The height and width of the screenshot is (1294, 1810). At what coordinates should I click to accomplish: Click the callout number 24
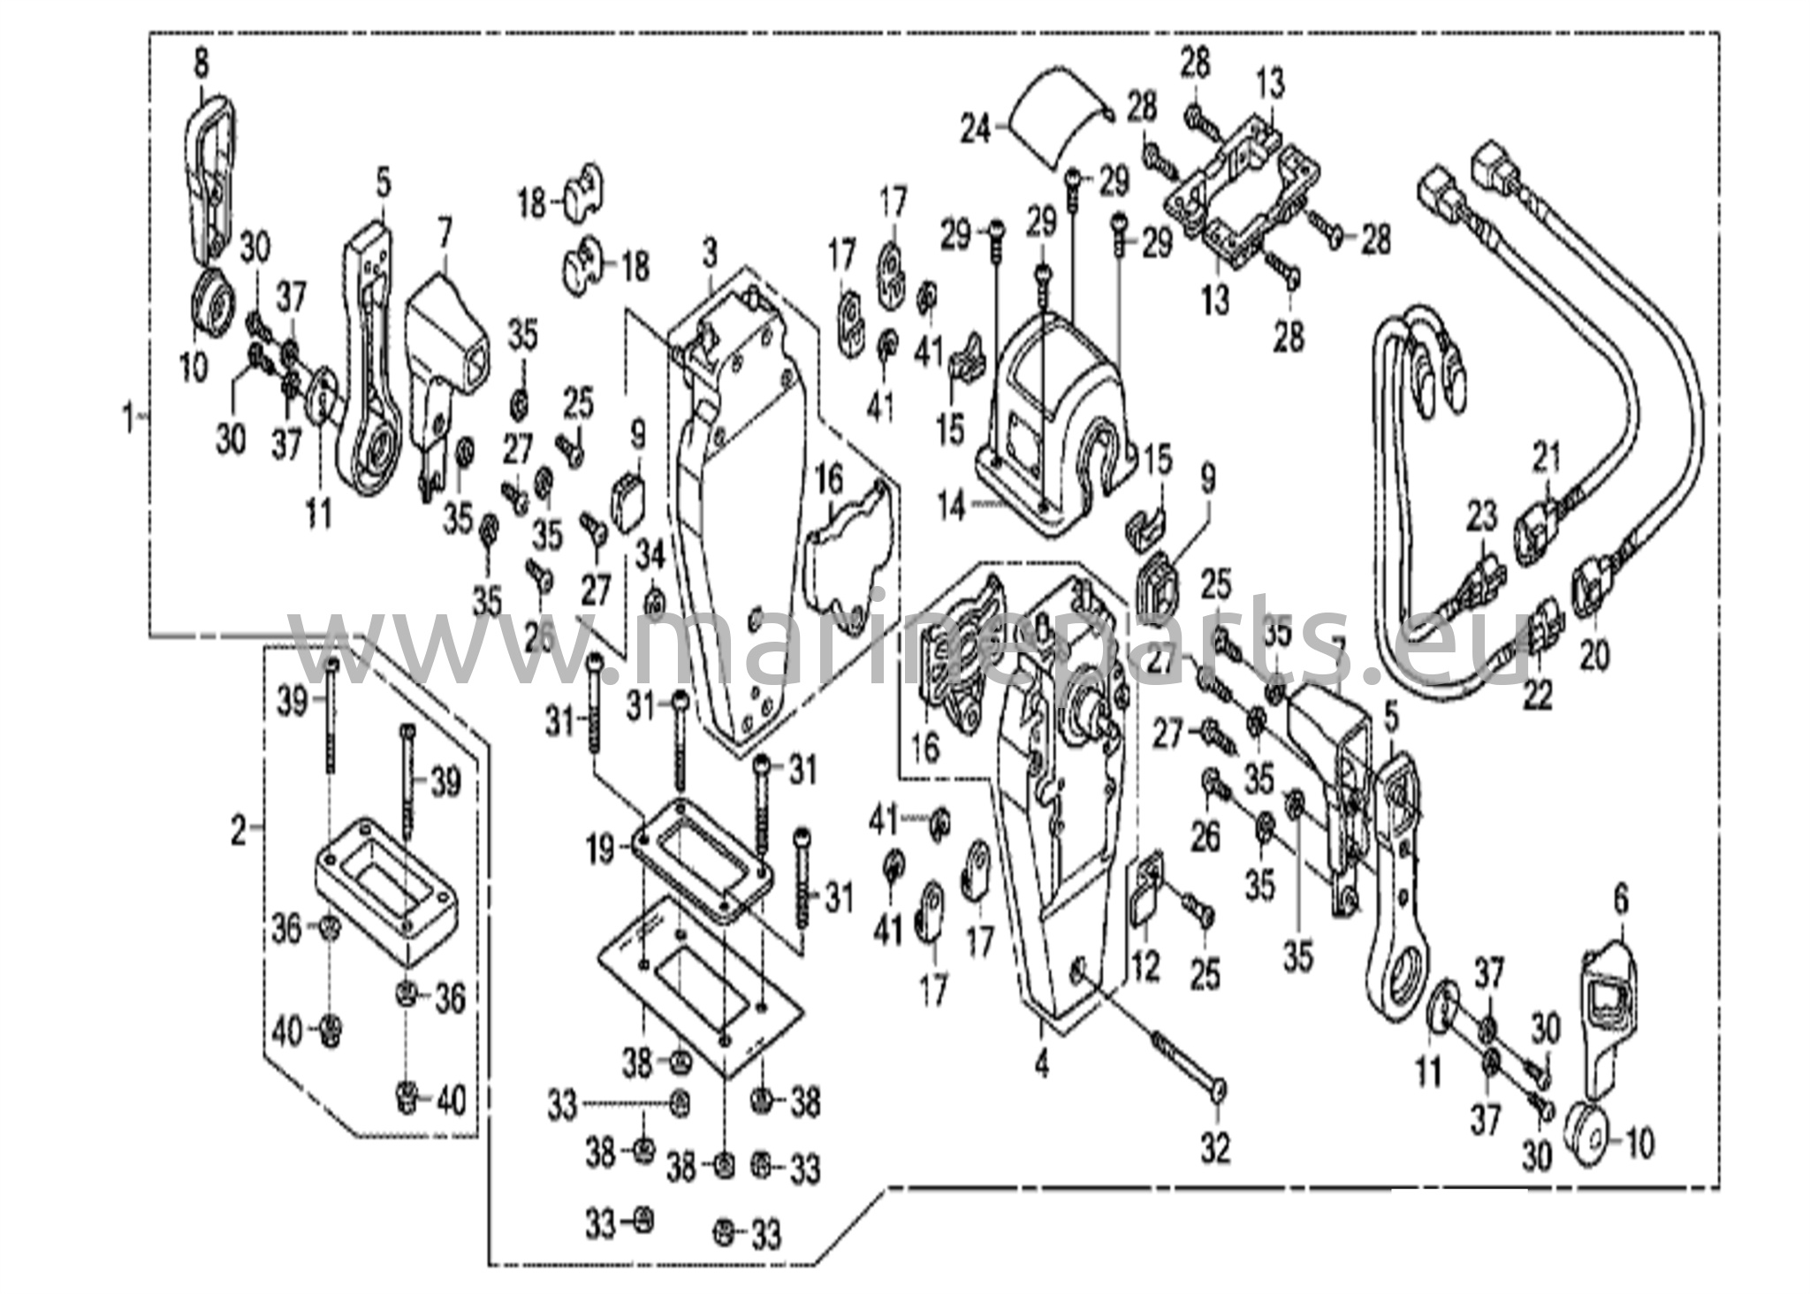click(977, 130)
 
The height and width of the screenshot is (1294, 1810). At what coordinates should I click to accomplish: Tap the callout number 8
click(202, 64)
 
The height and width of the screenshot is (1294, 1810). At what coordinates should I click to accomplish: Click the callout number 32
click(1215, 1148)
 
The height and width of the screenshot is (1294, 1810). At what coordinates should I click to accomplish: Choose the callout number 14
click(951, 509)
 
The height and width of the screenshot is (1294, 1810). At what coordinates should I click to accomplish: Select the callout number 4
click(1042, 1065)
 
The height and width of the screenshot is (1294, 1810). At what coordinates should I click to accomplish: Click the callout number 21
click(1547, 458)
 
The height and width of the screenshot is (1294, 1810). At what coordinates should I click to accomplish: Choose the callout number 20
click(1594, 655)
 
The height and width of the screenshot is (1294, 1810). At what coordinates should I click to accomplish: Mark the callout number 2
click(239, 831)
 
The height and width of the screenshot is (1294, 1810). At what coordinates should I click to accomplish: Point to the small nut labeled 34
click(653, 604)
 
